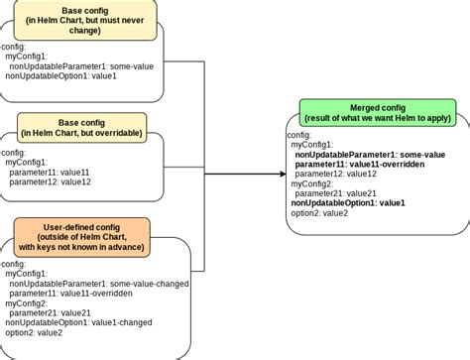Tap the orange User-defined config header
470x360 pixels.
81,236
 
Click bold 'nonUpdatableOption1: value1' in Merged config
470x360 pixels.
350,202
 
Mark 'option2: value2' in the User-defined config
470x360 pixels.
34,332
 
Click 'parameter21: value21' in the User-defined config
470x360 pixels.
50,312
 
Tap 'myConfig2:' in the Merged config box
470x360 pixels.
312,183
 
